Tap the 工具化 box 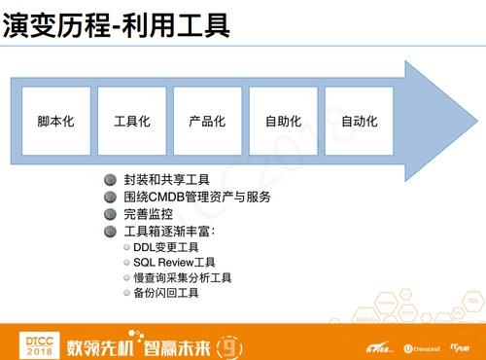point(131,122)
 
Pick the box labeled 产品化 point(207,122)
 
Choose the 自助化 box point(283,122)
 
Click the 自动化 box point(359,122)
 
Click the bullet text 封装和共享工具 point(167,180)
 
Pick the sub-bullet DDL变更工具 point(166,247)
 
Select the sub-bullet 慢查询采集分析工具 point(183,277)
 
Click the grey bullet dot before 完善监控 point(110,213)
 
